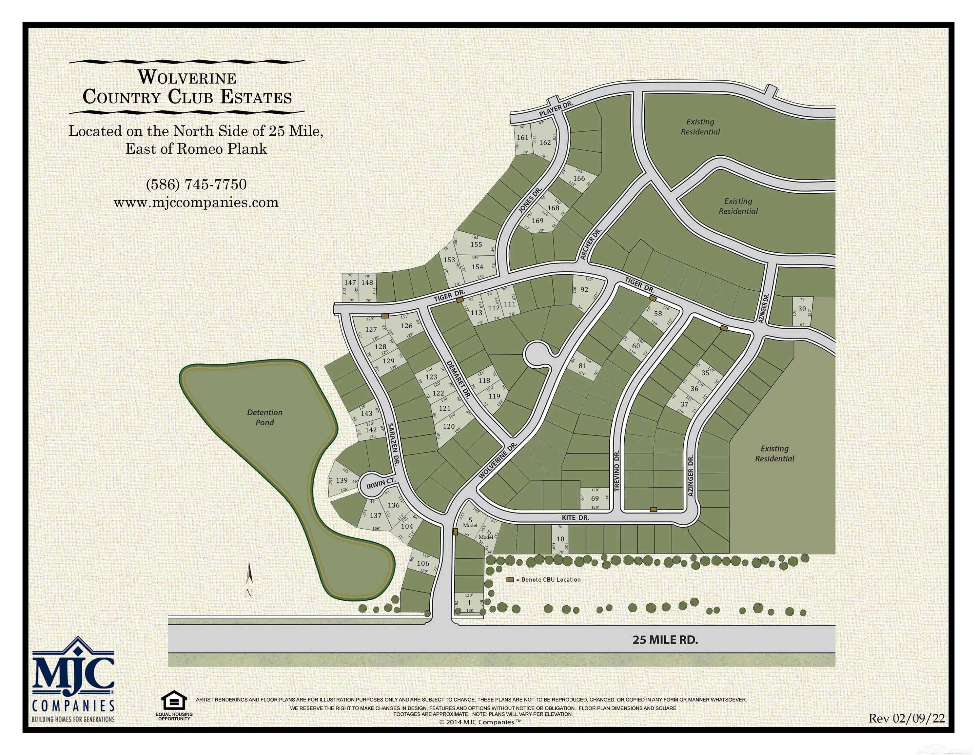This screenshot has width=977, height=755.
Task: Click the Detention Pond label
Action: coord(265,417)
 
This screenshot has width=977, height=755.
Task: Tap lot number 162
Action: coord(545,143)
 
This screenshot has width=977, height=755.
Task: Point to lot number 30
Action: coord(802,309)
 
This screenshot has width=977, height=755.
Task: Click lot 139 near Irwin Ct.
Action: coord(342,480)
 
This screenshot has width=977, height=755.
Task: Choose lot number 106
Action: coord(423,564)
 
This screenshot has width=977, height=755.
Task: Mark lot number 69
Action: coord(595,499)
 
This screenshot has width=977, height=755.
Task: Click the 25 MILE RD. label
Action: coord(665,640)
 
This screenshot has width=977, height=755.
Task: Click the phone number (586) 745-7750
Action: coord(196,184)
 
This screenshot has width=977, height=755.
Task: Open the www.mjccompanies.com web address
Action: coord(196,203)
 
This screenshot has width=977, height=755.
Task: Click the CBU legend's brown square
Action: coord(510,580)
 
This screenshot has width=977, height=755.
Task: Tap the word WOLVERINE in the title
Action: coord(187,78)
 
